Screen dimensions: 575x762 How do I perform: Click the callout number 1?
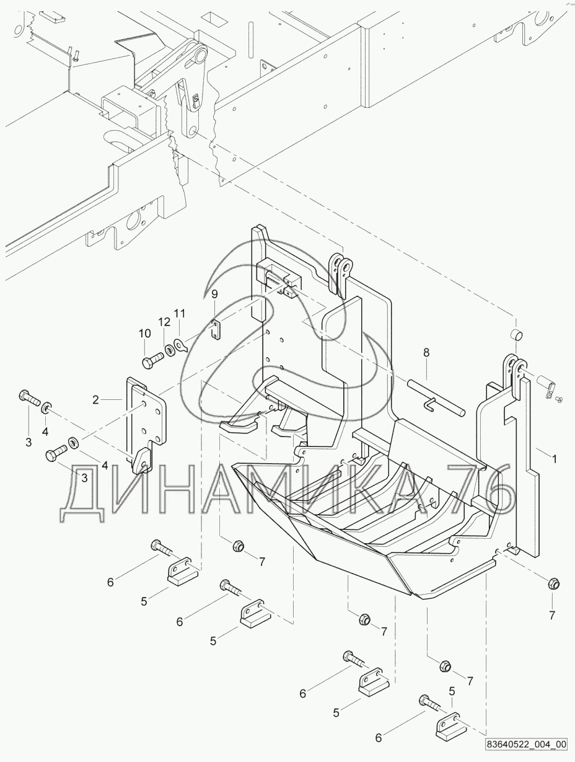click(x=555, y=459)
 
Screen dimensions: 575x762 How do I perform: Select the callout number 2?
click(x=95, y=400)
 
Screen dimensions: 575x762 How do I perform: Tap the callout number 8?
click(x=426, y=353)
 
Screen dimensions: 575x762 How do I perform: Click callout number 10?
click(x=144, y=334)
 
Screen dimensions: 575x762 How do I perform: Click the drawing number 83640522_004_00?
click(x=526, y=744)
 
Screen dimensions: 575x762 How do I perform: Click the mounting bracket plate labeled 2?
click(x=147, y=422)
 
